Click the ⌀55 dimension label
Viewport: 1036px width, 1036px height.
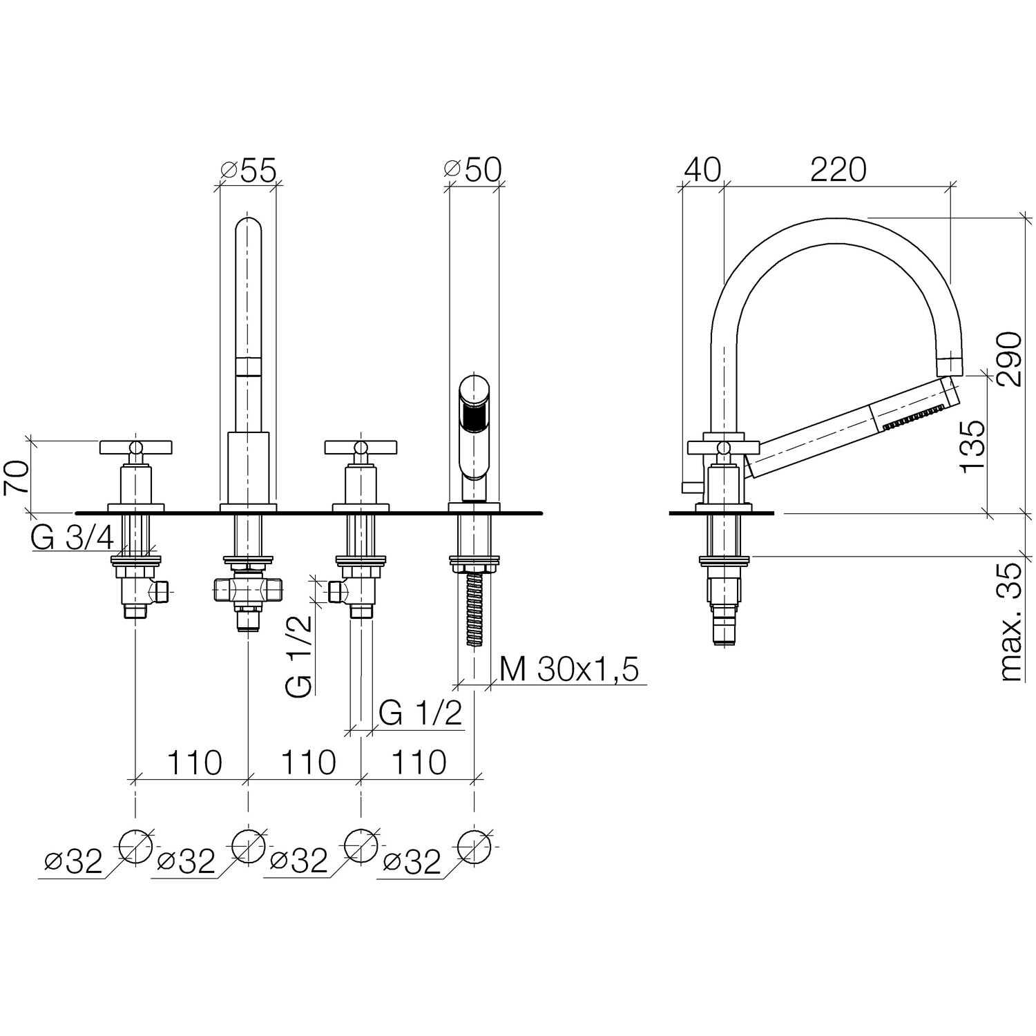coord(247,170)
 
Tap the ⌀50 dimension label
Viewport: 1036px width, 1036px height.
coord(472,170)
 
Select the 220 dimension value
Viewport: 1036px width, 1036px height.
coord(838,170)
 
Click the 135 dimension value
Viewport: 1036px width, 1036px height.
coord(972,445)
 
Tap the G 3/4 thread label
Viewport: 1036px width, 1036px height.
coord(72,539)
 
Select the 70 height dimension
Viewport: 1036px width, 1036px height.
coord(17,477)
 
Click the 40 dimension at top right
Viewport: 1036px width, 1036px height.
coord(702,170)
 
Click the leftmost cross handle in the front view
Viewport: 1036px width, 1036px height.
coord(135,448)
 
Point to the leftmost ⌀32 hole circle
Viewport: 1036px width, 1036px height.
coord(135,845)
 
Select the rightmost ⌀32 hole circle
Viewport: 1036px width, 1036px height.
coord(474,845)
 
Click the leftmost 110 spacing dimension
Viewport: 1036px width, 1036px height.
coord(193,762)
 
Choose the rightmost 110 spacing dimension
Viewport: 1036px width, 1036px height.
coord(419,762)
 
